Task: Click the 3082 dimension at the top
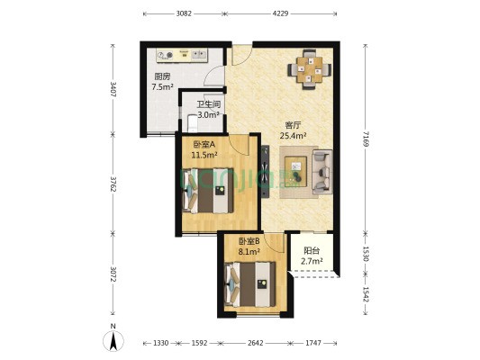(x=184, y=13)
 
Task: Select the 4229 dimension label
(x=280, y=13)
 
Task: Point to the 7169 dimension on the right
(x=366, y=139)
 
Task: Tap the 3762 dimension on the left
(x=113, y=184)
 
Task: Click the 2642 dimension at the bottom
(x=255, y=343)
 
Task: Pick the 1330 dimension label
(x=160, y=343)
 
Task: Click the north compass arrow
(x=113, y=341)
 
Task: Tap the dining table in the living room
(x=310, y=69)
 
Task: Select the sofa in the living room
(x=322, y=172)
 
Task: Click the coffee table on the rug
(x=295, y=171)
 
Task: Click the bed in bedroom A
(x=208, y=191)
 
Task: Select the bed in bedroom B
(x=249, y=284)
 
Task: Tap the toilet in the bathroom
(x=192, y=123)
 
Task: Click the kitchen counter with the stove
(x=182, y=55)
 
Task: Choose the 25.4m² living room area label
(x=294, y=135)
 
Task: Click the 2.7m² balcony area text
(x=312, y=261)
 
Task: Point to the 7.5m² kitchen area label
(x=162, y=86)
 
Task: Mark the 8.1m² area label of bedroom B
(x=249, y=251)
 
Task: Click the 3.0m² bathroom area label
(x=208, y=115)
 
